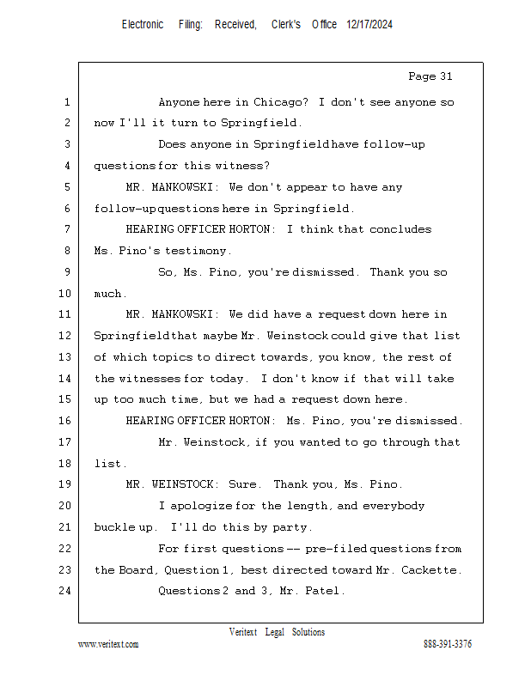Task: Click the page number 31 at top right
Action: (442, 76)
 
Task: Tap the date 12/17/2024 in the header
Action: (369, 25)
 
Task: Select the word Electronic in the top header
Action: (143, 25)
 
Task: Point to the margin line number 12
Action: (66, 336)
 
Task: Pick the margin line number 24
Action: (66, 591)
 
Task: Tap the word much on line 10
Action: (109, 294)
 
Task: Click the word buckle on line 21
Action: (114, 526)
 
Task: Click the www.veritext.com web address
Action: (108, 644)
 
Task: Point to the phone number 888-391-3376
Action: (447, 644)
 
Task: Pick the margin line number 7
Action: (66, 229)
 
